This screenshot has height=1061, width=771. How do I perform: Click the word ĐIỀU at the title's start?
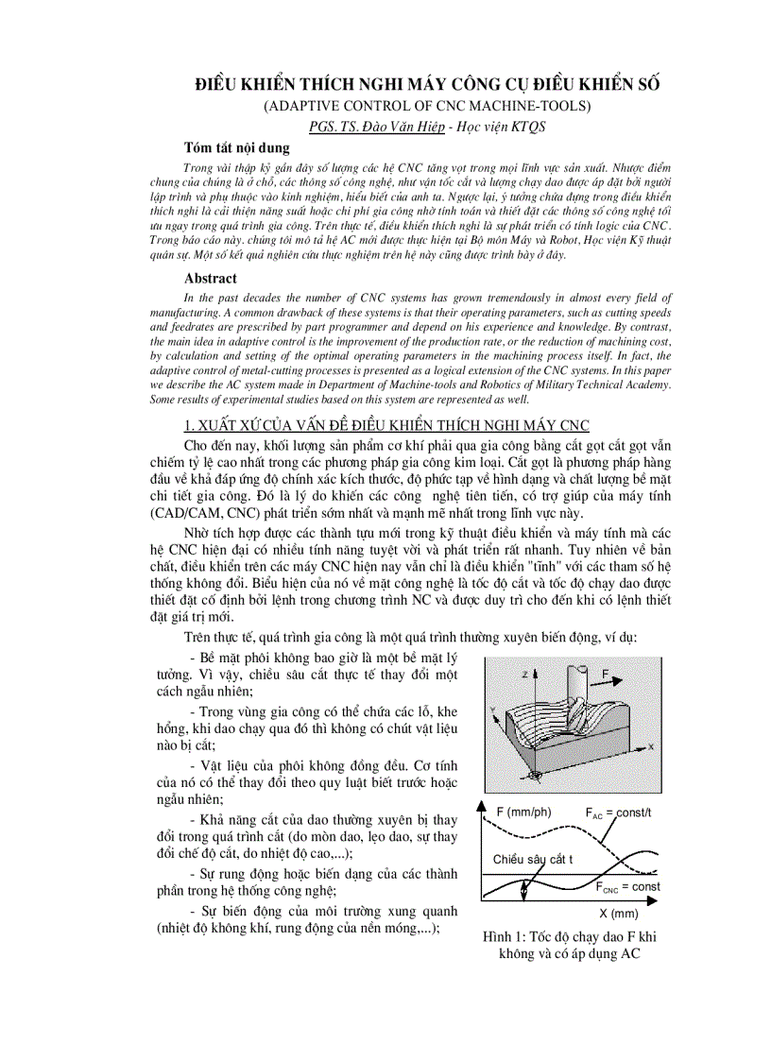[215, 83]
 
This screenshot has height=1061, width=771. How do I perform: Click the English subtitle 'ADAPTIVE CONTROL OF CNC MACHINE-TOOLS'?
[427, 105]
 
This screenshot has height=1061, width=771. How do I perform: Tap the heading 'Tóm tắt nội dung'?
[237, 148]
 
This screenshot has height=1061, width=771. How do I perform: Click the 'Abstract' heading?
[211, 279]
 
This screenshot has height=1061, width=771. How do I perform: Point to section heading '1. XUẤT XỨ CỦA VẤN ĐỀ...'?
[386, 426]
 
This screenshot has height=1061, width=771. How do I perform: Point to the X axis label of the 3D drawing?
[652, 746]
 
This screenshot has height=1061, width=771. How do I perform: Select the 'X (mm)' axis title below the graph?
[619, 914]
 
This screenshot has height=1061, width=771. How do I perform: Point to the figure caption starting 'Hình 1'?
[569, 945]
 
